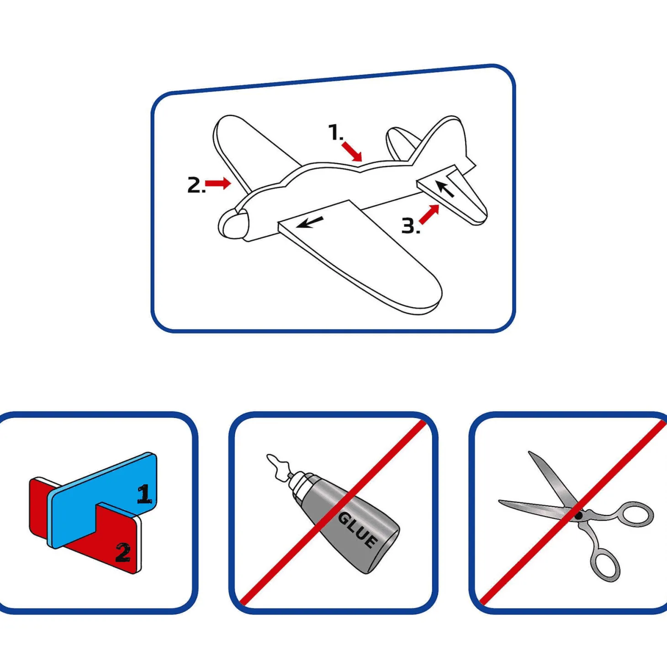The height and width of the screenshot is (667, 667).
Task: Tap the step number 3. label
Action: click(x=411, y=225)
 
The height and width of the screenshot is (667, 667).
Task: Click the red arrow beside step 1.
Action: click(x=352, y=152)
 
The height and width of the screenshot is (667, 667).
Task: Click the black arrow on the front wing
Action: click(x=310, y=222)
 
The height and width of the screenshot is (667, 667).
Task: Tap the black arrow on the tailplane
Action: click(x=445, y=189)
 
